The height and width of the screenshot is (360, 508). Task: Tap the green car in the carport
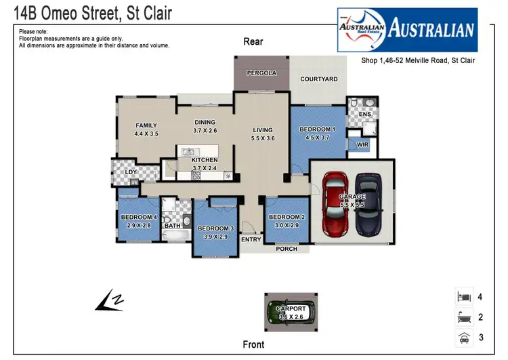point(292,313)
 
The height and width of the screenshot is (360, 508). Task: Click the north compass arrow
point(108,300)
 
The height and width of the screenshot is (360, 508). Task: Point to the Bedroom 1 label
point(318,129)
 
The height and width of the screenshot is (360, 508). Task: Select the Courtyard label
point(319,79)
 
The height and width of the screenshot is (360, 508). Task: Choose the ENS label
point(364,115)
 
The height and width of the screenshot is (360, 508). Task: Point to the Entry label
point(251,239)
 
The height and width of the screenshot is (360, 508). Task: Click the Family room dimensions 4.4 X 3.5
point(146,134)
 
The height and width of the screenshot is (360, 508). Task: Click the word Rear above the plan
point(253,42)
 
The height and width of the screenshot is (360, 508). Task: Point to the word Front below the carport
point(253,344)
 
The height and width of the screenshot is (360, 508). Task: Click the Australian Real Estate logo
point(407,30)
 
